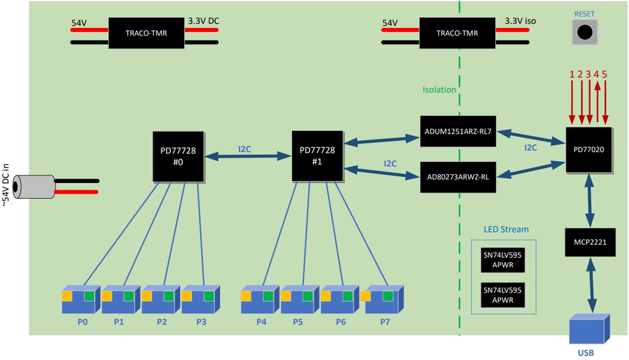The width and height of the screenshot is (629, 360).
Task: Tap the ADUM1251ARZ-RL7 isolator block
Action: pos(457,131)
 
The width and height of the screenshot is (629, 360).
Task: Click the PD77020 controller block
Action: pos(589,150)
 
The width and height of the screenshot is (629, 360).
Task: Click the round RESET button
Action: pos(584,33)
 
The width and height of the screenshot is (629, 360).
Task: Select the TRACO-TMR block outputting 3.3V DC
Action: pos(147,33)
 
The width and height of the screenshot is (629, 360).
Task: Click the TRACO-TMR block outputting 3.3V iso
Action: pos(457,33)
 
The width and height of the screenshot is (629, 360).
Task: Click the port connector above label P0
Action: pos(81,298)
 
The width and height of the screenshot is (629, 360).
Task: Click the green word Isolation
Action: pos(439,90)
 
